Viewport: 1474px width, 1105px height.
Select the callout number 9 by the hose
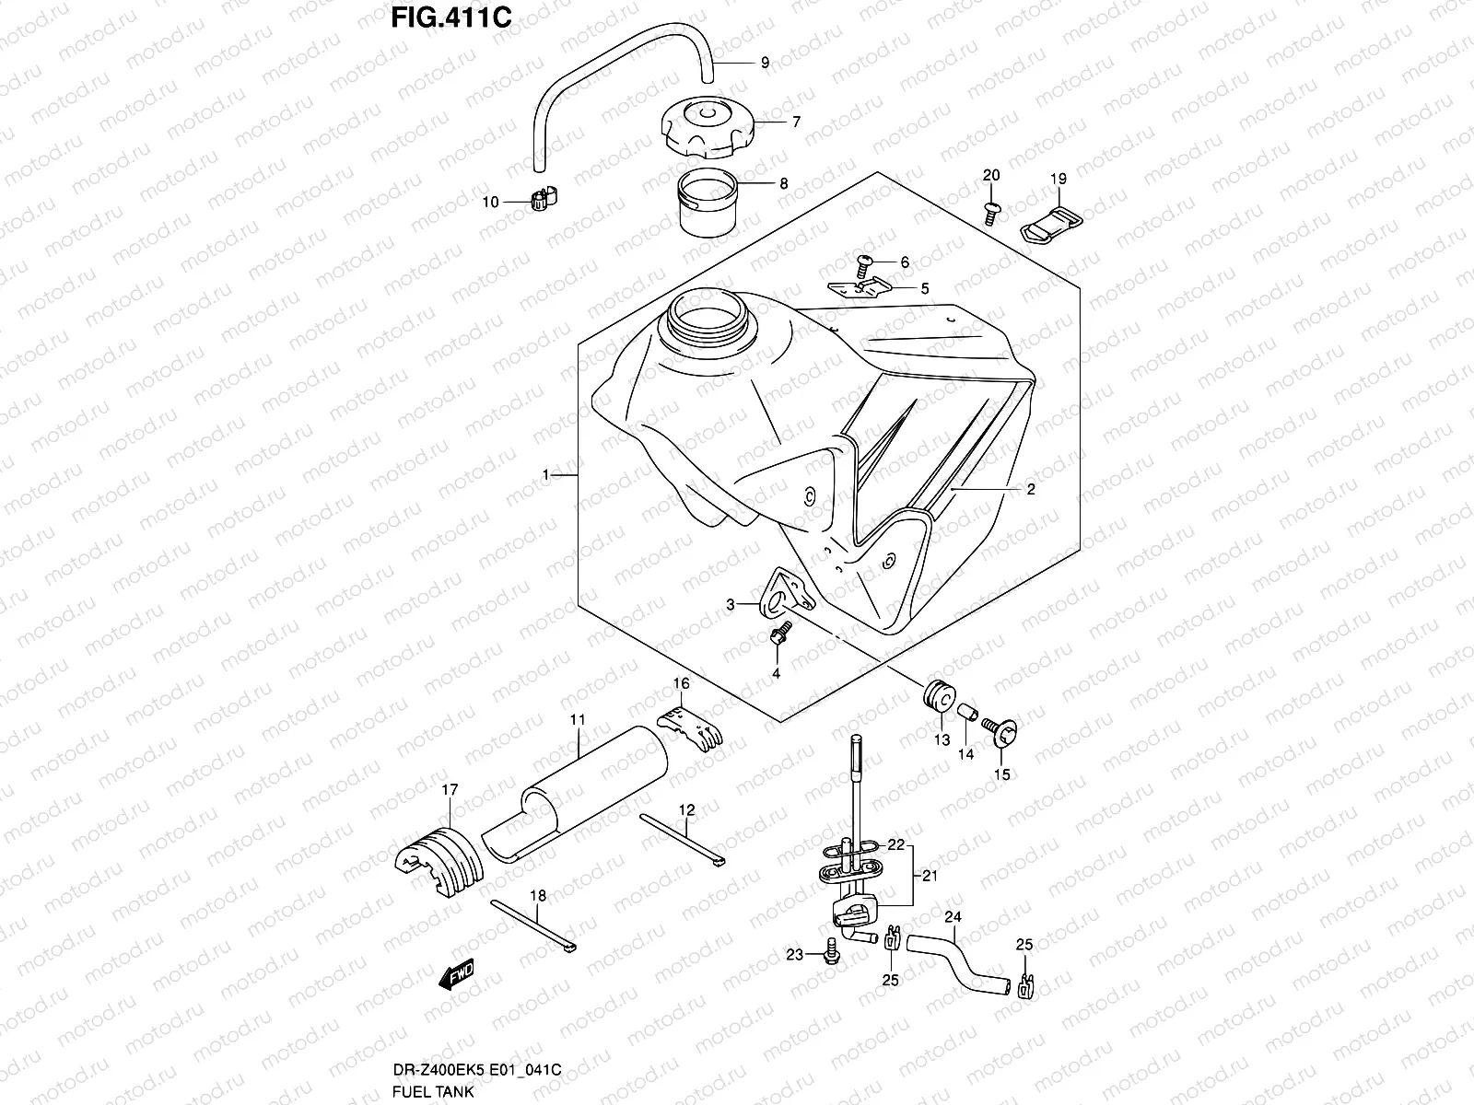point(765,64)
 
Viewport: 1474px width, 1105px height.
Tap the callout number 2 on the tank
point(1031,490)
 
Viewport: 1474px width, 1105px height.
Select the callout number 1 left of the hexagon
point(546,475)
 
